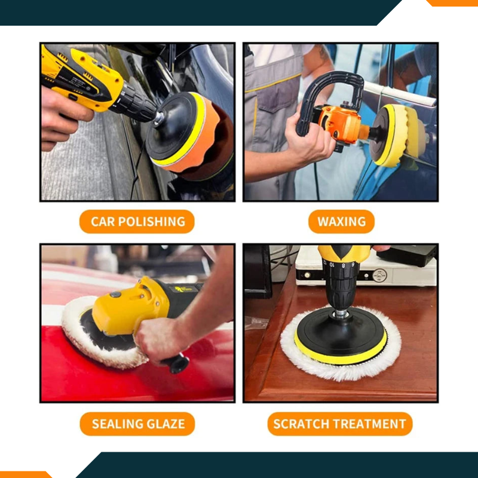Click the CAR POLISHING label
click(137, 222)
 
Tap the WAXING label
click(341, 222)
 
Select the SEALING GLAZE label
click(138, 424)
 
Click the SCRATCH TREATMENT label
click(339, 424)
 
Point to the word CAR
click(102, 222)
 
